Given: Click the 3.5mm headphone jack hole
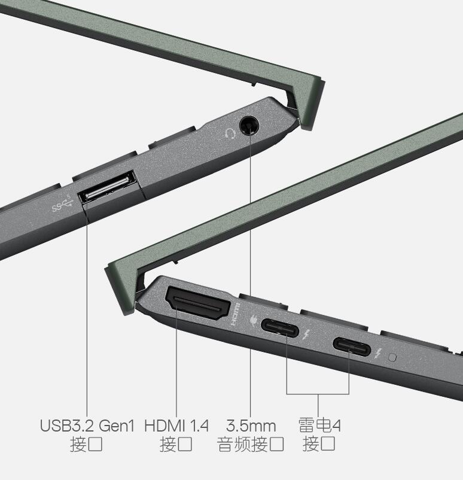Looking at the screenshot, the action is pyautogui.click(x=249, y=125).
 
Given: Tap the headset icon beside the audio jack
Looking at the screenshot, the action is pyautogui.click(x=230, y=134).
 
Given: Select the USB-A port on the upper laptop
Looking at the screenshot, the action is pyautogui.click(x=107, y=187).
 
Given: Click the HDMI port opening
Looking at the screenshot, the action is pyautogui.click(x=197, y=303).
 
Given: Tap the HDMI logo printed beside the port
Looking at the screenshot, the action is pyautogui.click(x=236, y=314).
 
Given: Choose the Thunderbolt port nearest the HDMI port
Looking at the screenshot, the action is pyautogui.click(x=279, y=328).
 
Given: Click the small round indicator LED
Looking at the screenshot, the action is pyautogui.click(x=392, y=357).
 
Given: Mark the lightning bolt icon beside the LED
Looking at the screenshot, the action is pyautogui.click(x=378, y=354).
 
